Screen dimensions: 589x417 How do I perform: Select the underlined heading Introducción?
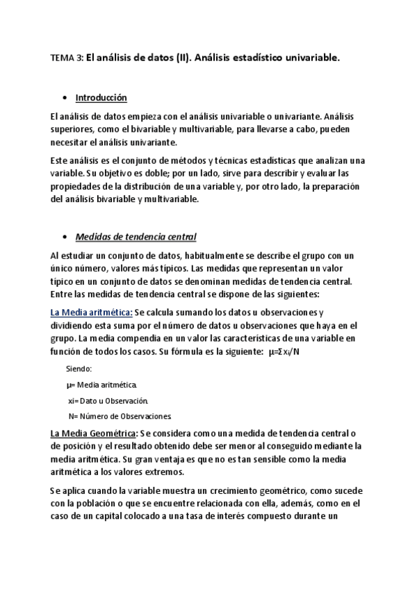pos(101,98)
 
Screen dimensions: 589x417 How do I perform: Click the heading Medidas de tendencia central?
pos(136,236)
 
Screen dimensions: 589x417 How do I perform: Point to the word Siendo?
pos(79,368)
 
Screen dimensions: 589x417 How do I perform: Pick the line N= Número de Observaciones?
pos(119,417)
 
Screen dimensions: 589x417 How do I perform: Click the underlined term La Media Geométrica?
pos(93,434)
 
